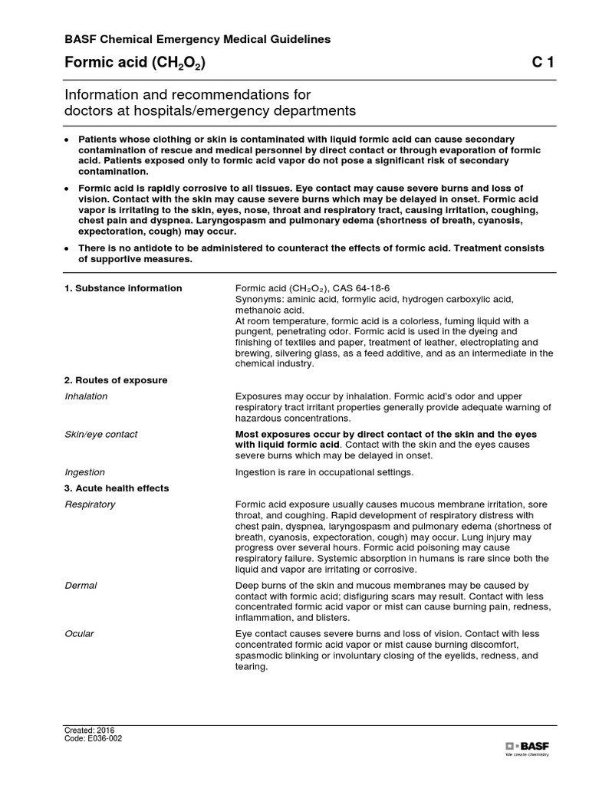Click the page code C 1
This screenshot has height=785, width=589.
(x=543, y=64)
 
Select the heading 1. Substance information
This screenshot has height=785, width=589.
(x=123, y=288)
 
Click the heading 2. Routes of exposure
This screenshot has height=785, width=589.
(x=115, y=380)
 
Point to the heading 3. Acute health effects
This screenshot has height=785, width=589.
(x=117, y=488)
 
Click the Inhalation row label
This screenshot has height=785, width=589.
(x=86, y=396)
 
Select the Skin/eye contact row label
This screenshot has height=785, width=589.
(x=100, y=435)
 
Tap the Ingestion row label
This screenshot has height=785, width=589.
(x=84, y=472)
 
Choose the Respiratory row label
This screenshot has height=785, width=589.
(x=90, y=504)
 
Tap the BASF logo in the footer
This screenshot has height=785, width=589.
(x=528, y=746)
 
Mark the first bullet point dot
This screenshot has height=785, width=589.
(x=67, y=141)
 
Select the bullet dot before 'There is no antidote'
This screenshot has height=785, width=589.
(x=67, y=248)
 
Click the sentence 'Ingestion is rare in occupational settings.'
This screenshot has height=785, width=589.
(x=324, y=472)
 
